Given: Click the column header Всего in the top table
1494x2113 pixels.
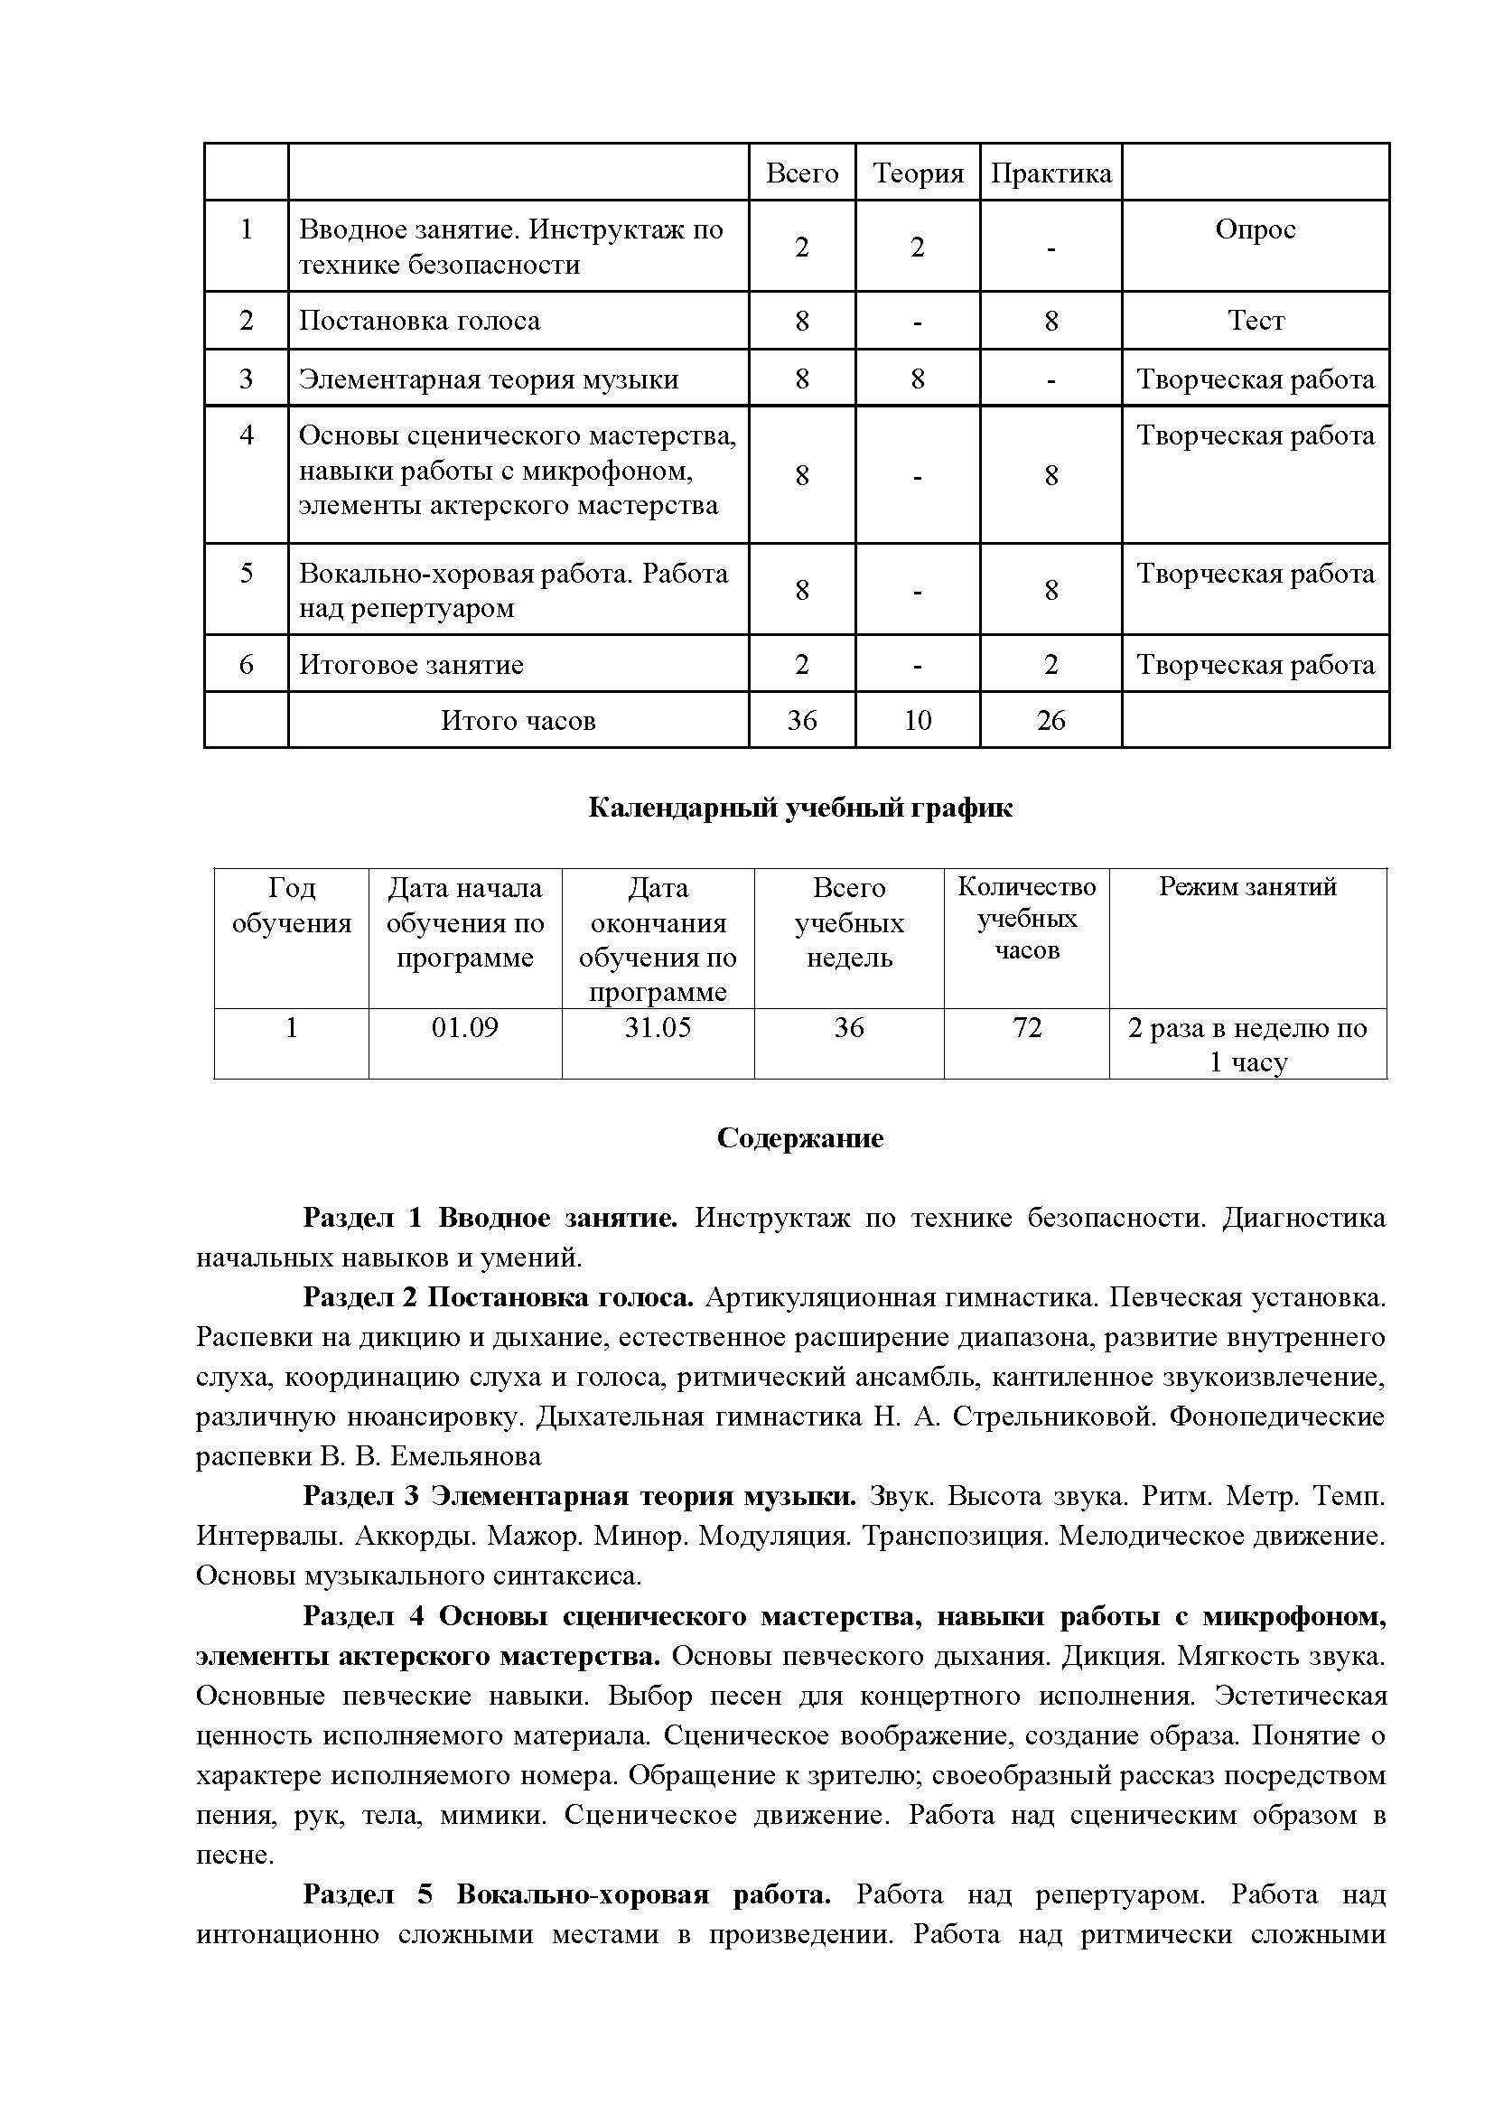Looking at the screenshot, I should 801,173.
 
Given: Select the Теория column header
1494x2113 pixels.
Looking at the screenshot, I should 917,173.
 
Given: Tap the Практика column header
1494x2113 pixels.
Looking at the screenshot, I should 1050,173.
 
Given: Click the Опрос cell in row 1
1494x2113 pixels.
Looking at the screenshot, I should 1255,229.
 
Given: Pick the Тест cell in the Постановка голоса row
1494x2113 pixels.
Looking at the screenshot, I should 1255,321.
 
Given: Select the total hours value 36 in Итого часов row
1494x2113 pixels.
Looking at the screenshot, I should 801,720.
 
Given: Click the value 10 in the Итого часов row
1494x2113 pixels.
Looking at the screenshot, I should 917,720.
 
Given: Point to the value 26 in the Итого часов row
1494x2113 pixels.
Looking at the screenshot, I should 1050,720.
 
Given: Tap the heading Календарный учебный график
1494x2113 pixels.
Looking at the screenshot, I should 800,808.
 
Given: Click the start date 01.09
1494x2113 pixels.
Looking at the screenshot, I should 464,1027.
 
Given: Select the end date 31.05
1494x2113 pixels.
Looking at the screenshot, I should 658,1027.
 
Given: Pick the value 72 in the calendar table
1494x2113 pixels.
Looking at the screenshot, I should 1027,1027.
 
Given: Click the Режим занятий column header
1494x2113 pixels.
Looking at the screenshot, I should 1247,887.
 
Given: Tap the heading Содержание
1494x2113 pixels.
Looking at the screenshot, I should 800,1138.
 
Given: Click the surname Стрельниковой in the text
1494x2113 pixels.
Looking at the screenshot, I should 1054,1416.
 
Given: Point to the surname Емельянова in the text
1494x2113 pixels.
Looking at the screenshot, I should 465,1456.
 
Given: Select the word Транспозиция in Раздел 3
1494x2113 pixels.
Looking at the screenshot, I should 955,1536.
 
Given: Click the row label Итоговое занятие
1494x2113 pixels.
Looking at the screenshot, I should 411,665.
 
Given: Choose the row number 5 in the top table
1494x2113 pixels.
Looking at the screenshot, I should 247,574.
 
